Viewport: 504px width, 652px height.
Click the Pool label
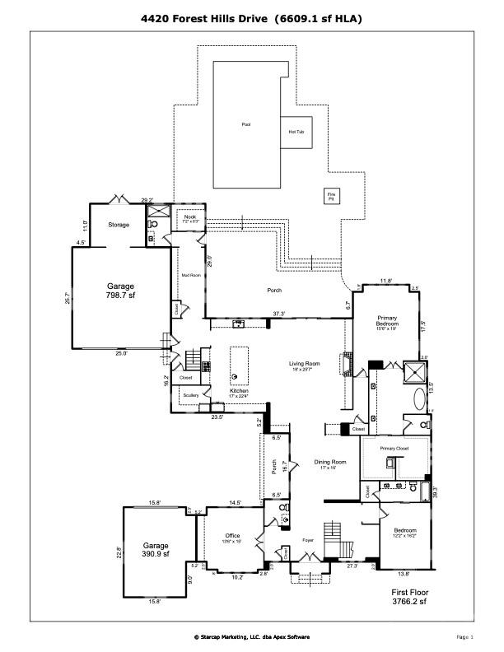(245, 124)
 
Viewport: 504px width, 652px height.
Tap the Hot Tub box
(296, 132)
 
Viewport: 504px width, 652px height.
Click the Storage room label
(119, 224)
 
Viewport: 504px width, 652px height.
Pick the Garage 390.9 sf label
(156, 549)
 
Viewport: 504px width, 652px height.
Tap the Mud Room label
(191, 275)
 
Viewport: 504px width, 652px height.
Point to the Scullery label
(191, 395)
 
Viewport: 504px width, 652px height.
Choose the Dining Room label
(329, 463)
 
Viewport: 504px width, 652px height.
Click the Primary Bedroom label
(387, 320)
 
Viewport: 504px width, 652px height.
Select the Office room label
(233, 537)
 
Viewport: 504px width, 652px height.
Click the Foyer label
(308, 540)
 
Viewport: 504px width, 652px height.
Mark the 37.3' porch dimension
(279, 313)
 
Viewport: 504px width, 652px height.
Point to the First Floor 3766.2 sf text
(409, 596)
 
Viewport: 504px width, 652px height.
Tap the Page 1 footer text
(464, 636)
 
